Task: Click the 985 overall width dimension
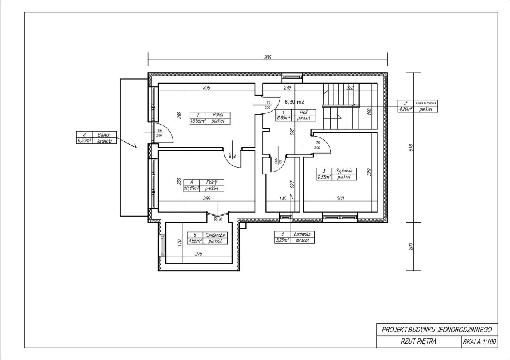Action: [267, 58]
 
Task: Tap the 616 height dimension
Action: [411, 147]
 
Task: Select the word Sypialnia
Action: [344, 171]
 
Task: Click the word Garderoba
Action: [215, 235]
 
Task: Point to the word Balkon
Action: [104, 135]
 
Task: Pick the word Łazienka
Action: [302, 234]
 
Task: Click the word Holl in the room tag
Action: [304, 112]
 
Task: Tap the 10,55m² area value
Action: [198, 121]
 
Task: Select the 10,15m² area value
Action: [192, 188]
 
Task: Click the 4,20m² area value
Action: [405, 109]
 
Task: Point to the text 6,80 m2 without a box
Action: [294, 102]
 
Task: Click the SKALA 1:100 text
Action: [479, 342]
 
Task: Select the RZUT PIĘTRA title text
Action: [418, 342]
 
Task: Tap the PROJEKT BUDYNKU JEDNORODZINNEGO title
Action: [437, 330]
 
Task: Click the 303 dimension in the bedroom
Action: [340, 198]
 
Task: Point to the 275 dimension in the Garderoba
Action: [199, 254]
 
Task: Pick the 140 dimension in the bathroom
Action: [282, 199]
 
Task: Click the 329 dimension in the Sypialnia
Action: [369, 172]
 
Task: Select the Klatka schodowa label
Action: [426, 103]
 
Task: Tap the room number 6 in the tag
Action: [192, 182]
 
